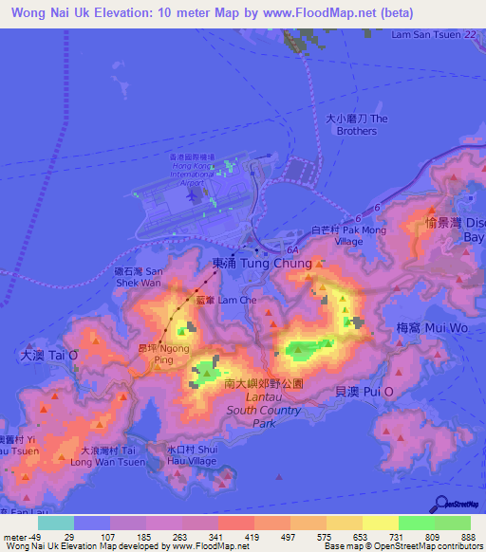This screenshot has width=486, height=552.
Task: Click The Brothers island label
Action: pos(356,124)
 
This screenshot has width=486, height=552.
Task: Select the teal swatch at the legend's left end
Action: pos(56,523)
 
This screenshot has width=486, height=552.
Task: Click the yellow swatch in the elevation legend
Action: pos(381,523)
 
